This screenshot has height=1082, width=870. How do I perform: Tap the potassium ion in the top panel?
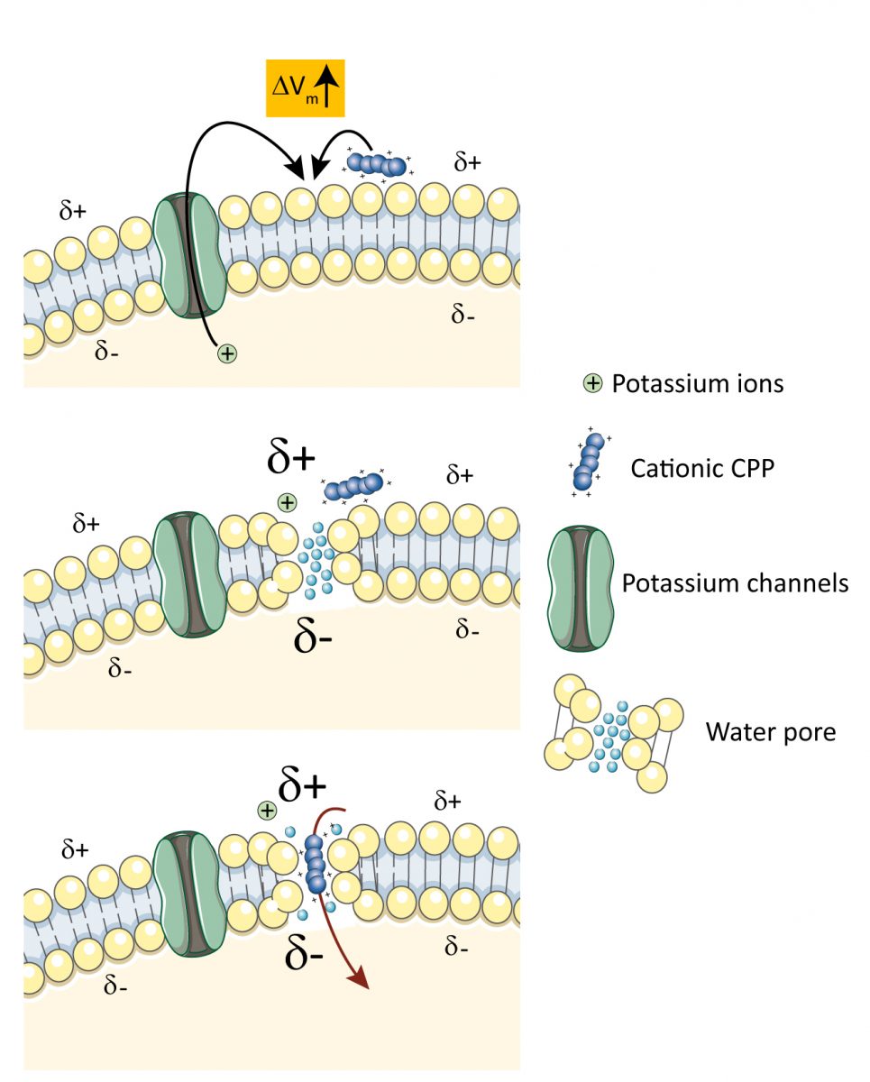tap(228, 354)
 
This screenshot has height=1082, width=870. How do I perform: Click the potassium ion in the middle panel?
tap(287, 502)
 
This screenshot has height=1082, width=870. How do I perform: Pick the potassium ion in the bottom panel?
tap(267, 811)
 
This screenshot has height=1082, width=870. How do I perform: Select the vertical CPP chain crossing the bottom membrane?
tap(315, 864)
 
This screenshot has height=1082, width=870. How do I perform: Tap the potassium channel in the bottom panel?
tap(189, 894)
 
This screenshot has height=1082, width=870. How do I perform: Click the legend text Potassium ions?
tap(697, 384)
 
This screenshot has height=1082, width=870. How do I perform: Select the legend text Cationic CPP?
tap(701, 469)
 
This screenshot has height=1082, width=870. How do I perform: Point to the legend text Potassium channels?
tap(735, 583)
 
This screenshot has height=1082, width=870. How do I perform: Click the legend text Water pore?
tap(770, 731)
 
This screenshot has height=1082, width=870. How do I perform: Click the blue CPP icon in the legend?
tap(589, 461)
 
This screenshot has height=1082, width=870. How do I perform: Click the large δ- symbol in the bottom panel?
tap(304, 953)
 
